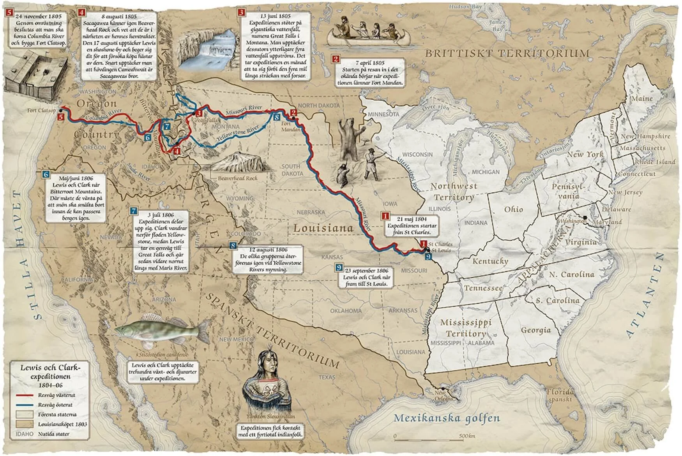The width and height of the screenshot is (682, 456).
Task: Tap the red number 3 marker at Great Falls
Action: click(x=199, y=113)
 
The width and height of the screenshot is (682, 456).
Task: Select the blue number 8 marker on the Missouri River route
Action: click(x=276, y=117)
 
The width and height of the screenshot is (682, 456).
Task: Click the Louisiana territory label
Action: click(x=323, y=228)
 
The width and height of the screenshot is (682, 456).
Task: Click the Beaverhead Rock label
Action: click(x=238, y=178)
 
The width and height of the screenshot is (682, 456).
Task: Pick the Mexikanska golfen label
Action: click(x=447, y=419)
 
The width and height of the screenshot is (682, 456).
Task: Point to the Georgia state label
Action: click(x=536, y=330)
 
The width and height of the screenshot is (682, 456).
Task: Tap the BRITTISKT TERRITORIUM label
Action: click(x=507, y=53)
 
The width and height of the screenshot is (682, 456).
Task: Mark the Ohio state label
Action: click(x=513, y=210)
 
